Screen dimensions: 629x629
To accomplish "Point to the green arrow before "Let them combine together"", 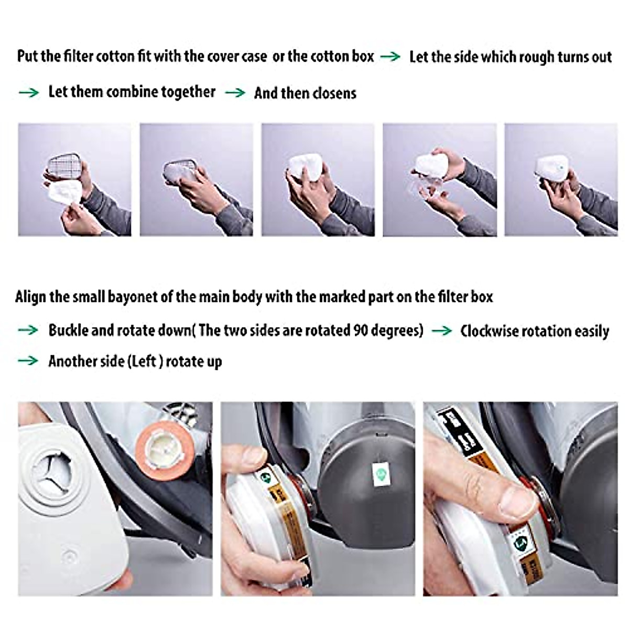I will (x=28, y=93).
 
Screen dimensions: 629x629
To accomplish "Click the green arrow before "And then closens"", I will (x=235, y=93).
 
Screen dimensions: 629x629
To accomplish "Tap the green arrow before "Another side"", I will (x=28, y=361).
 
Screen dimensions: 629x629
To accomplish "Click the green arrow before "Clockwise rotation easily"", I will (x=441, y=331).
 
